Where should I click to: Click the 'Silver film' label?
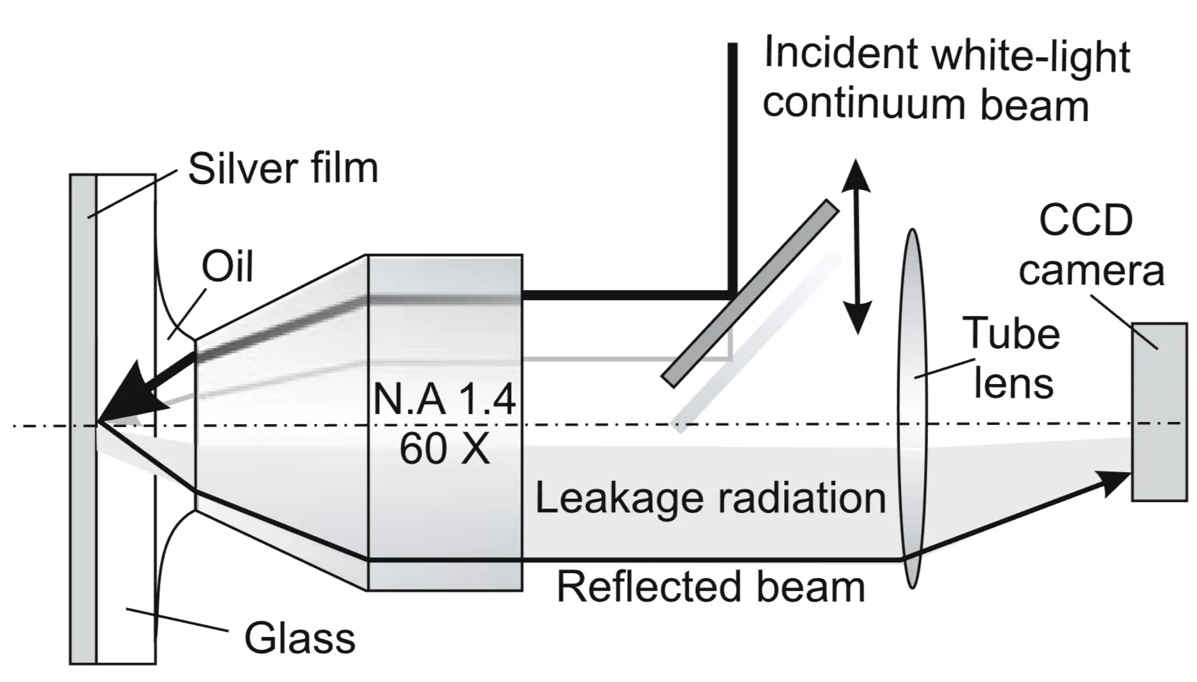pyautogui.click(x=282, y=168)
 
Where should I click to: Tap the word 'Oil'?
pyautogui.click(x=227, y=267)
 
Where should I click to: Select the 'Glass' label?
pyautogui.click(x=300, y=638)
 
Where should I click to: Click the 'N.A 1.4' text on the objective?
pyautogui.click(x=444, y=399)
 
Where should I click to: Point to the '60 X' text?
pyautogui.click(x=444, y=449)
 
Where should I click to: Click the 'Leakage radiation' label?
pyautogui.click(x=710, y=498)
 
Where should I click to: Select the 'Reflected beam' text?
pyautogui.click(x=710, y=587)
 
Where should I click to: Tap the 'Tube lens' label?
pyautogui.click(x=1011, y=357)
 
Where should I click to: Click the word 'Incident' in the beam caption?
pyautogui.click(x=840, y=53)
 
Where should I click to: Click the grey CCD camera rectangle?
pyautogui.click(x=1158, y=412)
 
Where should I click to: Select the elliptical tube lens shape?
pyautogui.click(x=912, y=408)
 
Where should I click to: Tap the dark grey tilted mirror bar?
pyautogui.click(x=750, y=294)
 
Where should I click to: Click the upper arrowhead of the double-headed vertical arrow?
pyautogui.click(x=856, y=176)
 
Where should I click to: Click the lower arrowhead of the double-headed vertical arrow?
pyautogui.click(x=856, y=319)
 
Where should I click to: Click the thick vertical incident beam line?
pyautogui.click(x=732, y=165)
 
